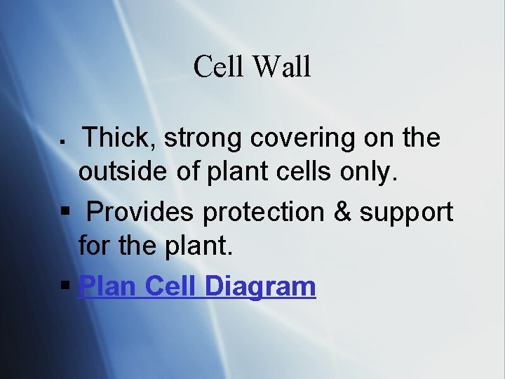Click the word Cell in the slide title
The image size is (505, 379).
point(218,67)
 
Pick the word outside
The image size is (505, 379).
point(123,172)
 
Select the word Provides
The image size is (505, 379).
point(142,212)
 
